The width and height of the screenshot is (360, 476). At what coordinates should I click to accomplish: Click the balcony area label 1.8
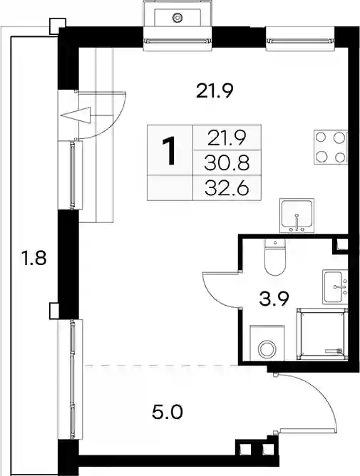[33, 259]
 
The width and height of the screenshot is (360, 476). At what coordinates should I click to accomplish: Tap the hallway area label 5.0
[168, 413]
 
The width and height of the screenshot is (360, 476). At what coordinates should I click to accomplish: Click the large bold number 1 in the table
[169, 151]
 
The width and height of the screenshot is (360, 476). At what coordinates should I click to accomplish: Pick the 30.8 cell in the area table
[227, 163]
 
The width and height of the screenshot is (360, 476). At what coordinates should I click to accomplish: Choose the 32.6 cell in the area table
[227, 189]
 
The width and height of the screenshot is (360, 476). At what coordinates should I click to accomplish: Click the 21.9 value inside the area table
[227, 138]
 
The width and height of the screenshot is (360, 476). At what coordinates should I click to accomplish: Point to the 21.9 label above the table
[215, 91]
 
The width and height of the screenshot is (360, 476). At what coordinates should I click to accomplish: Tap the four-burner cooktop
[331, 148]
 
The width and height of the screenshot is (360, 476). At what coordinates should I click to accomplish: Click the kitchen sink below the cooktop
[297, 216]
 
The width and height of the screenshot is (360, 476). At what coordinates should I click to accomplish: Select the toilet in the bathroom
[275, 257]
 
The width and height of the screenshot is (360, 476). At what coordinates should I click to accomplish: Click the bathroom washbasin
[335, 287]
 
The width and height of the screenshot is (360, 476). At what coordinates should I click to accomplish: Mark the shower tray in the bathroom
[322, 334]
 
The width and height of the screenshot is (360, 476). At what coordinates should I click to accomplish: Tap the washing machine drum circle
[267, 349]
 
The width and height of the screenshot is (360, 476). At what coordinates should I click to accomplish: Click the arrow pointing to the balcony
[76, 115]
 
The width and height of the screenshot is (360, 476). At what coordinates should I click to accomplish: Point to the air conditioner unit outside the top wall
[177, 14]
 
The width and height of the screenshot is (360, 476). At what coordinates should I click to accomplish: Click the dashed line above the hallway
[161, 366]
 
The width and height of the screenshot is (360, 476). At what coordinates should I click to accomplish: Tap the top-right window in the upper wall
[300, 39]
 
